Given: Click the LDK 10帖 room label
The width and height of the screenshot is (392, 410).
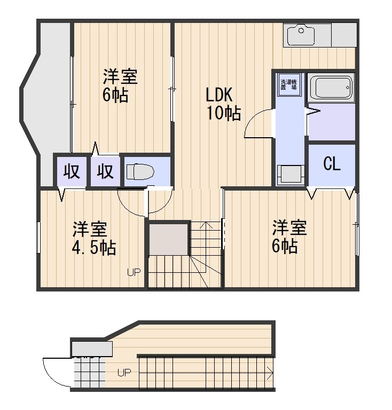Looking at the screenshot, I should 223,104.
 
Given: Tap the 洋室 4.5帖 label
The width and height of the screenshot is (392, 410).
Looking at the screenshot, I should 94,239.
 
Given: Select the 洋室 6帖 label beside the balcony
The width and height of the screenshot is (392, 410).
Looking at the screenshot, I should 120,86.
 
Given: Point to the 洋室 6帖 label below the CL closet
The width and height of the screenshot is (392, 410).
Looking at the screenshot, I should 289,236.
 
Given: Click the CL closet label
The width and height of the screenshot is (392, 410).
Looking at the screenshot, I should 332,164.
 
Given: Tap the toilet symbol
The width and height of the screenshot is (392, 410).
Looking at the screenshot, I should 140,172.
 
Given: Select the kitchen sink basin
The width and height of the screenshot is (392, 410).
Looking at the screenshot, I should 301,35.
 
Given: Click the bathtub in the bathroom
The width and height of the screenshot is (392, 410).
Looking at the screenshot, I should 331,87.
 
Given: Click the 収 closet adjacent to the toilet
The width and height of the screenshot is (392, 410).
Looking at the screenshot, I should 105,172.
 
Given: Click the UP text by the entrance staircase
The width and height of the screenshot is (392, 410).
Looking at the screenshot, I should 124,373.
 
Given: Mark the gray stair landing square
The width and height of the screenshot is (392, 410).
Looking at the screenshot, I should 169,240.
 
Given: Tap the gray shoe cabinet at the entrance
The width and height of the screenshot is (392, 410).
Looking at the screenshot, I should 91,349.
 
